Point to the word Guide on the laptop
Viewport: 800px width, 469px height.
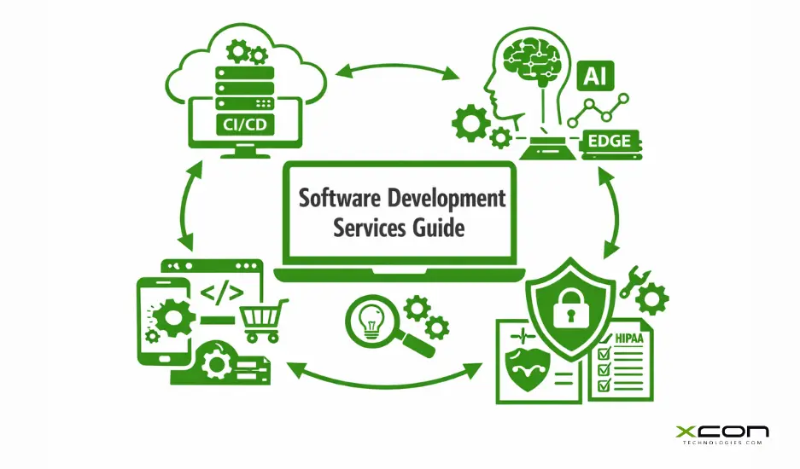(x=436, y=229)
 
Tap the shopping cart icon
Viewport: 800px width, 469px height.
(x=261, y=320)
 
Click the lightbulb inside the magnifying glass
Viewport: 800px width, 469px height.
(x=369, y=320)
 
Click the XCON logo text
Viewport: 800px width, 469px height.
(x=721, y=431)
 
